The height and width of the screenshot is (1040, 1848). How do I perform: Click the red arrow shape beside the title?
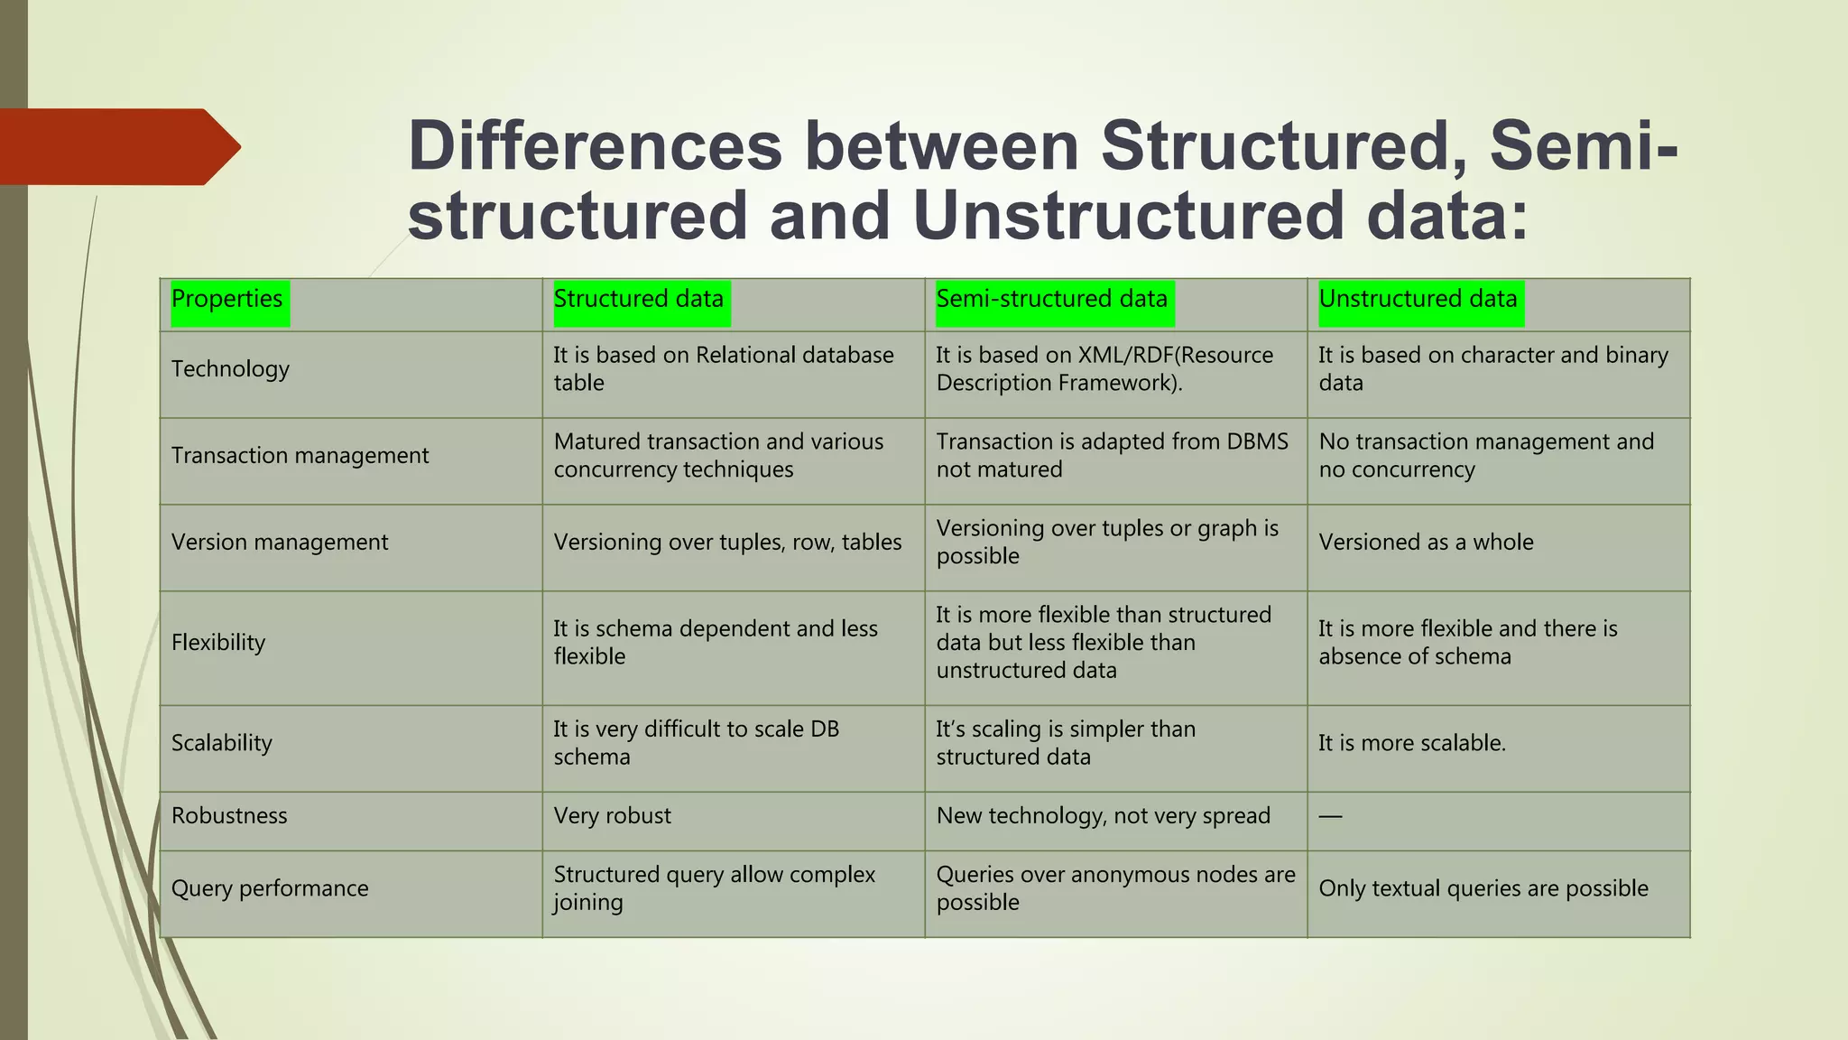point(117,146)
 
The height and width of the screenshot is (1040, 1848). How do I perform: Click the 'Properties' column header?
point(227,300)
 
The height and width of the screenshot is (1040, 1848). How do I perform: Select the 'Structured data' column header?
point(639,300)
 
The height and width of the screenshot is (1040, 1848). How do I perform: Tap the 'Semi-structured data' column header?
point(1052,300)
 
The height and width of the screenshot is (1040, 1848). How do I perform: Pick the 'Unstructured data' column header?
point(1418,300)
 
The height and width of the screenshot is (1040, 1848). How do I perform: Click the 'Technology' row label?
point(231,369)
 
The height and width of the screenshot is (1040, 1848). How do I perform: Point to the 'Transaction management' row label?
point(300,456)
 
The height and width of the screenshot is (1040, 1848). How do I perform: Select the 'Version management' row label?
point(280,543)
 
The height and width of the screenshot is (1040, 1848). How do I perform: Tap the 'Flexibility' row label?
point(218,643)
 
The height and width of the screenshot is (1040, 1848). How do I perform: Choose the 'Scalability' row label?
point(222,743)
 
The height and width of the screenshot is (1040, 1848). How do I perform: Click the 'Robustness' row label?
point(229,816)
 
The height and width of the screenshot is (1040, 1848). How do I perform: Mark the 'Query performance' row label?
point(270,889)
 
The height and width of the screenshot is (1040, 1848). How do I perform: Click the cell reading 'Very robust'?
point(613,816)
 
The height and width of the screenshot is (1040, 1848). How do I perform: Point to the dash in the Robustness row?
point(1331,817)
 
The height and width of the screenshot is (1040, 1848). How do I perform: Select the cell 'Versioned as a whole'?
point(1427,543)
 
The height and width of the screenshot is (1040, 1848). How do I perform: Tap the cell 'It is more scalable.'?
point(1412,743)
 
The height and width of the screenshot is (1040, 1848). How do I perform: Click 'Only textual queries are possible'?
point(1483,889)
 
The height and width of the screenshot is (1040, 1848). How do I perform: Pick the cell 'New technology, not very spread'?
point(1104,816)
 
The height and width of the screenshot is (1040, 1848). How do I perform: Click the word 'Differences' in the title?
point(596,146)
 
